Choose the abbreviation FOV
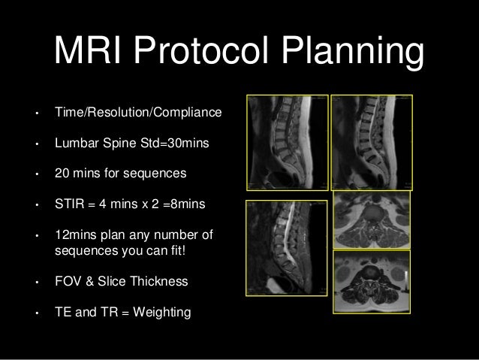68,282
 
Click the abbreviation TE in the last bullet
62,313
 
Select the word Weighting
162,313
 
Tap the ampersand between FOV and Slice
92,282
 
